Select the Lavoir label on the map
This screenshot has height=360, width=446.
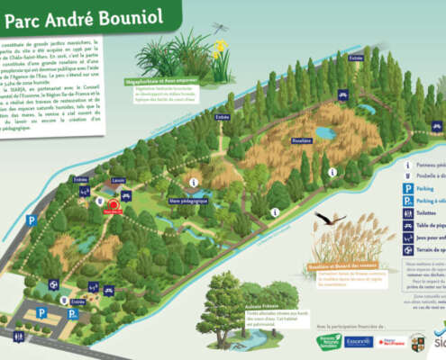tap(119, 180)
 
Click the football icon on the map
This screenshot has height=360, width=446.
tap(55, 284)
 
